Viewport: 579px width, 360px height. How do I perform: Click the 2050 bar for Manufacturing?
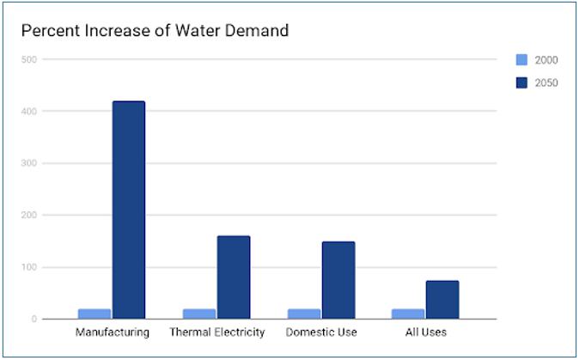[129, 210]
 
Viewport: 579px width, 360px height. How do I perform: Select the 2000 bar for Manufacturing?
[94, 314]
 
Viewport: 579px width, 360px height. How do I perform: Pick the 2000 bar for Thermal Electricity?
[199, 314]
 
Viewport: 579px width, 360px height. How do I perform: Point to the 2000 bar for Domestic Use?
[304, 314]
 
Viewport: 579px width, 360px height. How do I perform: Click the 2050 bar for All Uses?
[442, 299]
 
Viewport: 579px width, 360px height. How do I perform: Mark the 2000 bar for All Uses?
[409, 314]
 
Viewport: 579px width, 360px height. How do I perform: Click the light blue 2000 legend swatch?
[521, 60]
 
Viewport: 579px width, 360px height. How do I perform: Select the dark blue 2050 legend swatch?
[521, 82]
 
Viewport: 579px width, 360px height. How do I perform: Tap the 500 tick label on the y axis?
[29, 59]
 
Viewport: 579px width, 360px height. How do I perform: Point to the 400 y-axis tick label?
[29, 112]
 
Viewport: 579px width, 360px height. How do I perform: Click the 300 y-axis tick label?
[29, 163]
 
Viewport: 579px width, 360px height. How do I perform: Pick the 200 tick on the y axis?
[29, 216]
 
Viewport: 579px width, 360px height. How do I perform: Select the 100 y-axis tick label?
[29, 267]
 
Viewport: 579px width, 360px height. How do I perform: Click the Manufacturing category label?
[112, 332]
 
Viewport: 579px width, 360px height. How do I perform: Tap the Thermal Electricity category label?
[216, 332]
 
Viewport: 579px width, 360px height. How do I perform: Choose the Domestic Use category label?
[321, 332]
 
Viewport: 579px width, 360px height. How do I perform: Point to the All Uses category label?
[425, 332]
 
